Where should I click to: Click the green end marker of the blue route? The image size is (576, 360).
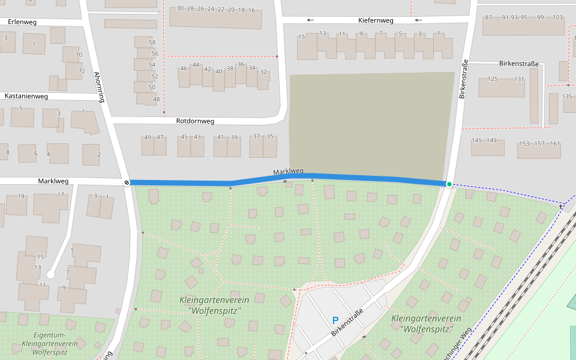(x=449, y=184)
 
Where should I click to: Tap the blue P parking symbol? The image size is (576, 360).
(x=335, y=321)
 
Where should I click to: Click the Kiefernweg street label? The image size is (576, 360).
(x=375, y=20)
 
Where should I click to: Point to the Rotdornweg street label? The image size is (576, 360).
(x=195, y=121)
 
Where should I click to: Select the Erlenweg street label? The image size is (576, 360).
(x=22, y=22)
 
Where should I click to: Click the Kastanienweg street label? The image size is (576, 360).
(x=26, y=96)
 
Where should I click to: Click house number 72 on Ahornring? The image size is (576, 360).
(x=82, y=70)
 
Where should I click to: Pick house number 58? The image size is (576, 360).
(x=152, y=43)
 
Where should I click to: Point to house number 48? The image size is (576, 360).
(x=156, y=99)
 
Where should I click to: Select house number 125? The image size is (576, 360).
(x=493, y=79)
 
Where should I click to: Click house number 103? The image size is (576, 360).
(x=557, y=17)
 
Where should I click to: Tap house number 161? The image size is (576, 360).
(x=555, y=143)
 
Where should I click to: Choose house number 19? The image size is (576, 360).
(x=21, y=196)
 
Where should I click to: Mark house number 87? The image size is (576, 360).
(x=488, y=17)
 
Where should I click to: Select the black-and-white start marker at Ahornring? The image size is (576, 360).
(x=127, y=182)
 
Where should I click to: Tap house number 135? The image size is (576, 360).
(x=567, y=97)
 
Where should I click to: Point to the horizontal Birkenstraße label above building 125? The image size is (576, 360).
(x=519, y=64)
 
